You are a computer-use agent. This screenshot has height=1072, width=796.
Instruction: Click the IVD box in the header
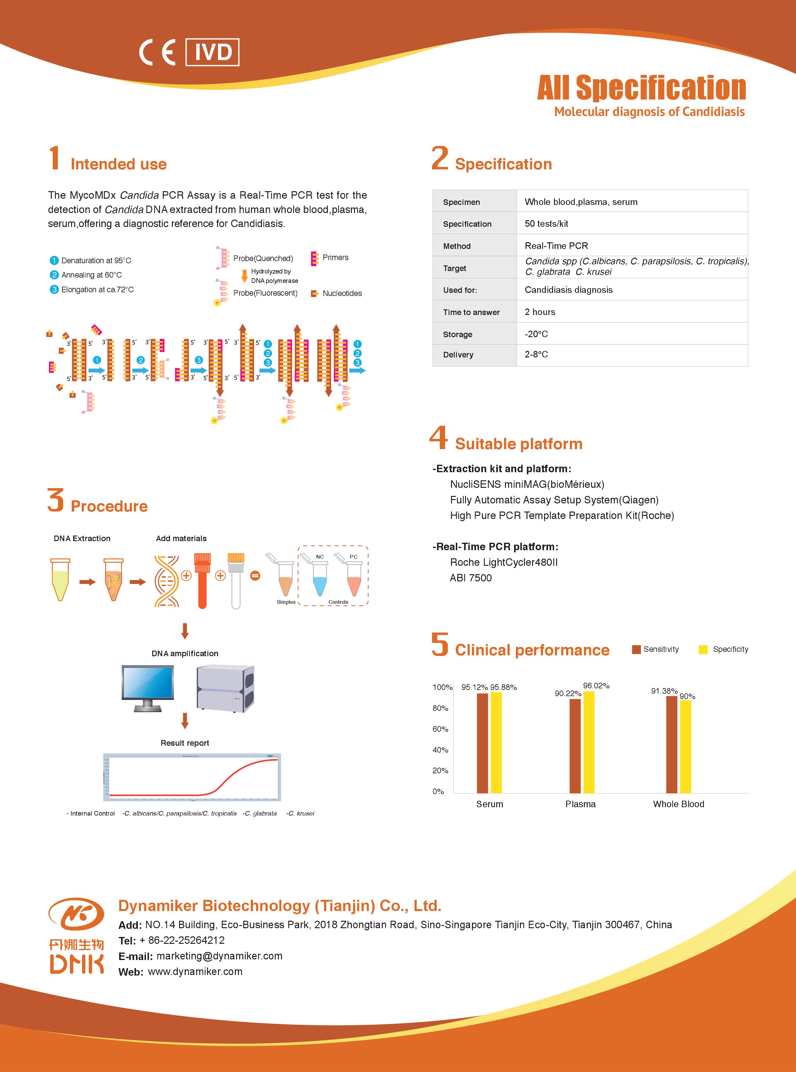pyautogui.click(x=212, y=52)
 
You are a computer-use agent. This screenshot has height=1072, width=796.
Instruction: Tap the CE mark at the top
pyautogui.click(x=158, y=52)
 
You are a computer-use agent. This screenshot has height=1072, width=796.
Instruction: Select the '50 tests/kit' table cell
pyautogui.click(x=546, y=224)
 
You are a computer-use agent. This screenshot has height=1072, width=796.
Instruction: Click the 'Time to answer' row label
pyautogui.click(x=471, y=312)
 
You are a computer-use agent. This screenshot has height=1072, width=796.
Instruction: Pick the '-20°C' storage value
pyautogui.click(x=536, y=334)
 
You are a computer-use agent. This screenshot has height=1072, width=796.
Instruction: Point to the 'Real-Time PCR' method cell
pyautogui.click(x=556, y=246)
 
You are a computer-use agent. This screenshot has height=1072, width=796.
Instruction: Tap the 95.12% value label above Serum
pyautogui.click(x=474, y=687)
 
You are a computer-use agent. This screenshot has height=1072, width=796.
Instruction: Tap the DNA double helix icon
pyautogui.click(x=166, y=581)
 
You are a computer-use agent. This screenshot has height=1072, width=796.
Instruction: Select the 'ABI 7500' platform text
pyautogui.click(x=471, y=578)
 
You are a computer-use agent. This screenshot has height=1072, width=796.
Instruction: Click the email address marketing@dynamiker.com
pyautogui.click(x=219, y=956)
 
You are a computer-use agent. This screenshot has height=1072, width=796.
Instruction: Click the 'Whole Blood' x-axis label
pyautogui.click(x=678, y=804)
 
